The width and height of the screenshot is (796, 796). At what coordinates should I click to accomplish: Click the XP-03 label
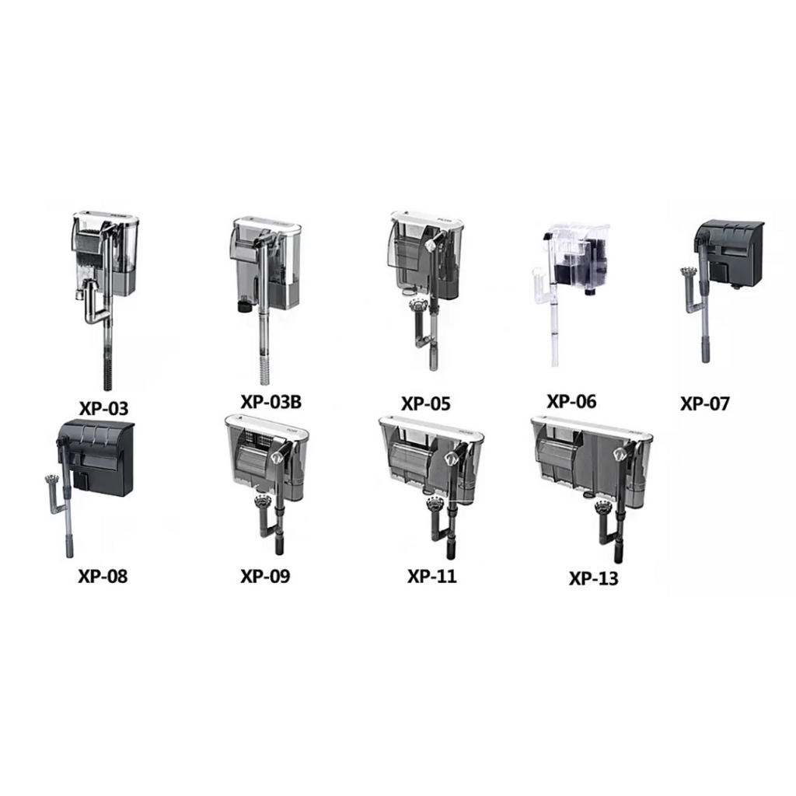103,408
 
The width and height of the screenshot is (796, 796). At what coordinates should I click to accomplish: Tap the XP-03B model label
271,402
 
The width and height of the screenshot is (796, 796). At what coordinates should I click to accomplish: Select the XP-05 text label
425,403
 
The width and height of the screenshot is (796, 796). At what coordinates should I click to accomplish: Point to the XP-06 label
571,401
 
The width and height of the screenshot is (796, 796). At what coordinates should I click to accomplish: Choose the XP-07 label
704,403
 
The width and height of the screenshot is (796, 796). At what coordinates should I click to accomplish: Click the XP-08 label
103,576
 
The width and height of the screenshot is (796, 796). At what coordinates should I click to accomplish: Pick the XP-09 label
265,576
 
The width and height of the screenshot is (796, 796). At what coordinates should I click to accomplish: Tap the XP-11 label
431,576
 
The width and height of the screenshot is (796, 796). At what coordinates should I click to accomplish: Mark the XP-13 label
593,578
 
